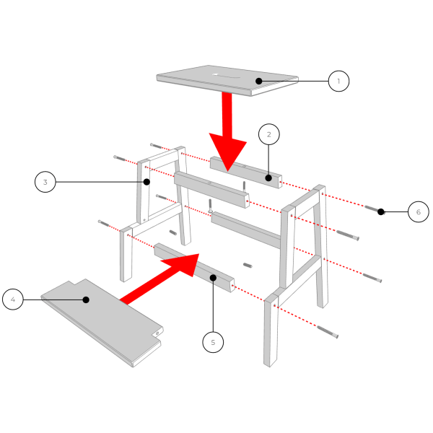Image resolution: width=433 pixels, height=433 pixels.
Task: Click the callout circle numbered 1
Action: click(x=338, y=81)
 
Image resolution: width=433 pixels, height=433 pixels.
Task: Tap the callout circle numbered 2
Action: click(x=268, y=134)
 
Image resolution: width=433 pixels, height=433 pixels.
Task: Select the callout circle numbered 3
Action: click(x=45, y=182)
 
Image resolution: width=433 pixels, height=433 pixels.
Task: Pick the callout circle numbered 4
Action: click(x=12, y=299)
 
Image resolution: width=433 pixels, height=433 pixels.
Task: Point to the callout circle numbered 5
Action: click(x=212, y=342)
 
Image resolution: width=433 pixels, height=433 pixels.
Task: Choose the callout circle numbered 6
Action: click(x=418, y=211)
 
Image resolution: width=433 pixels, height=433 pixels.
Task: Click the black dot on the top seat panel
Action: click(x=258, y=81)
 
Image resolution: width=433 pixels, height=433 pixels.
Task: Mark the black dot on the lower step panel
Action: click(x=85, y=299)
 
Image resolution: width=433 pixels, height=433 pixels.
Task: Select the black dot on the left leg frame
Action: click(x=146, y=182)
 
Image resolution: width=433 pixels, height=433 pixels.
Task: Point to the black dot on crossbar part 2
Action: click(x=268, y=178)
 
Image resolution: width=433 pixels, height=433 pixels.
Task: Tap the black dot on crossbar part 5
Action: click(x=213, y=277)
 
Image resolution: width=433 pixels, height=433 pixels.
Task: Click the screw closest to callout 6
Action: click(x=372, y=209)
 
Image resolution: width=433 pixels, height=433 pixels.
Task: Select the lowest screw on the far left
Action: click(x=104, y=223)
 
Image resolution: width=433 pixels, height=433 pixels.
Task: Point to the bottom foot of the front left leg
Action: click(x=126, y=278)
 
